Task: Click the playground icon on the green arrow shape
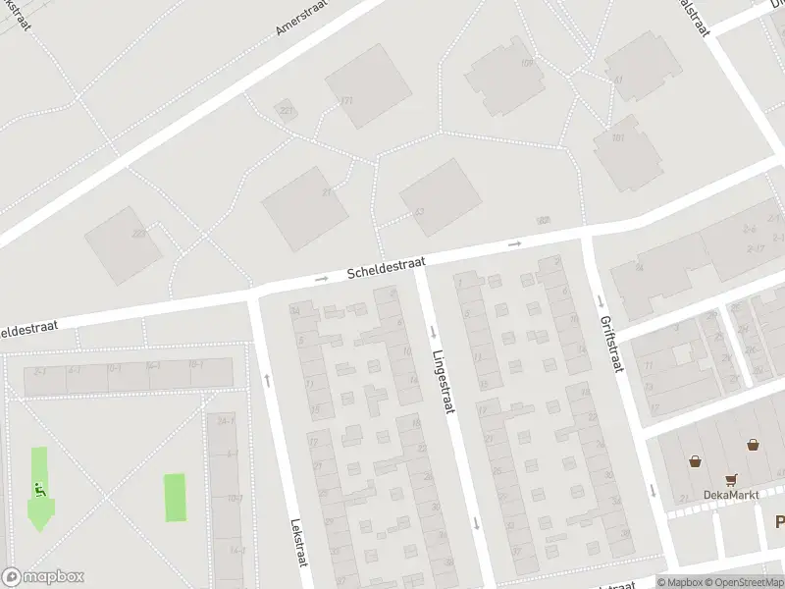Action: (x=38, y=490)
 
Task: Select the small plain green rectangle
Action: (x=174, y=498)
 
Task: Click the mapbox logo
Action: (x=43, y=577)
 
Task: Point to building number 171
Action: (x=345, y=100)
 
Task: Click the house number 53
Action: (x=419, y=211)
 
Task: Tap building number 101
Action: (x=617, y=138)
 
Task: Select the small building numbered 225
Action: (x=286, y=110)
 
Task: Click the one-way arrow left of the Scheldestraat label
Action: (x=321, y=280)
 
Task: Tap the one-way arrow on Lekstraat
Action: (x=267, y=380)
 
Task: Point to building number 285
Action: (x=138, y=233)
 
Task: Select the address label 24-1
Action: (x=225, y=420)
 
